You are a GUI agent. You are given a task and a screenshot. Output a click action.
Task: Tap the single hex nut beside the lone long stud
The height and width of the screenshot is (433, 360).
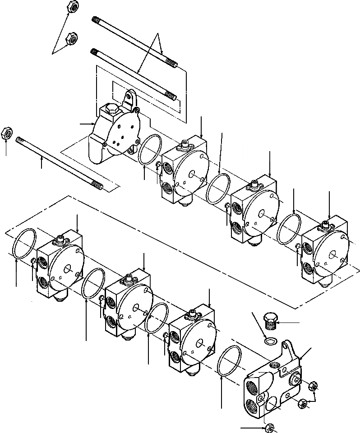(7, 133)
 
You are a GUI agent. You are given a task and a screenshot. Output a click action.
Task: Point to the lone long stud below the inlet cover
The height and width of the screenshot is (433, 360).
(59, 162)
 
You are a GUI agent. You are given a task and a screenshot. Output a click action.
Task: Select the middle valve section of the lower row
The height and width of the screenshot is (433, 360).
(128, 304)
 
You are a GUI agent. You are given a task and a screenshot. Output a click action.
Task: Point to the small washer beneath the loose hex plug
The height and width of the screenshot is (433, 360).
(271, 340)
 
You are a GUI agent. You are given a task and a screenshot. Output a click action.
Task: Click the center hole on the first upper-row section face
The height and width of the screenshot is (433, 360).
(192, 174)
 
